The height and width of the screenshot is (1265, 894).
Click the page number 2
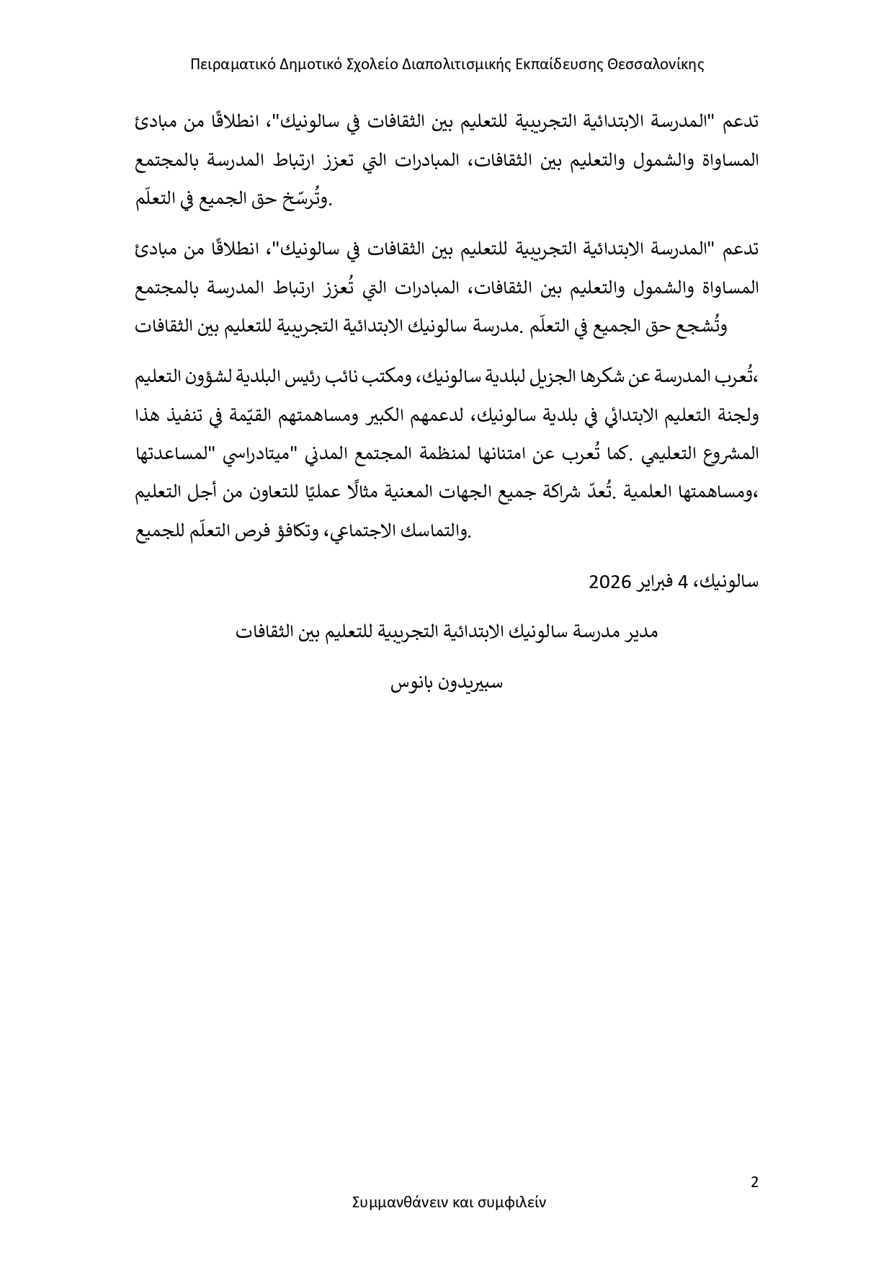[x=754, y=1183]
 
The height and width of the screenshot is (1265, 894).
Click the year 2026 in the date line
[x=610, y=581]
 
